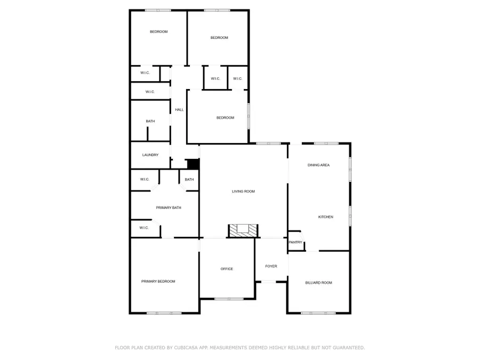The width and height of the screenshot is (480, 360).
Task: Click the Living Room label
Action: [243, 191]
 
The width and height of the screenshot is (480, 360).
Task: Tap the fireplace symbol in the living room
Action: [243, 230]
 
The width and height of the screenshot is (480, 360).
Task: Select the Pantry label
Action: [295, 243]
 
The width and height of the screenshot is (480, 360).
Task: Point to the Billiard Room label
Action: [318, 283]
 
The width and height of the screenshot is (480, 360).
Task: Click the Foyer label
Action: [271, 266]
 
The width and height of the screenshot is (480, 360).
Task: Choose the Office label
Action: [227, 269]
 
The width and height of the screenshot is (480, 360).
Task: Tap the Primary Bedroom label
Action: [158, 281]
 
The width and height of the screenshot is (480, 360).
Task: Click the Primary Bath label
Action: [169, 207]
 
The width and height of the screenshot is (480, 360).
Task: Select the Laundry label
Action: [150, 155]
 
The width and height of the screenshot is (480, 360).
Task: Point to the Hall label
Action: [179, 110]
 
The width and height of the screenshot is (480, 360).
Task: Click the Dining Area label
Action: [318, 165]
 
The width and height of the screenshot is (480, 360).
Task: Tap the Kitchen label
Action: [326, 217]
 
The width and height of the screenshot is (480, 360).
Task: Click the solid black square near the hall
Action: [193, 165]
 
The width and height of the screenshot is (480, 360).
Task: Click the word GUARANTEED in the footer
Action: [347, 348]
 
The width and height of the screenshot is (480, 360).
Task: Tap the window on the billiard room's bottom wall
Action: [318, 313]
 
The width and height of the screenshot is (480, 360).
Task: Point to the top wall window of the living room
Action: [268, 143]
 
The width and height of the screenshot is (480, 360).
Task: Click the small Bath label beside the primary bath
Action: [189, 180]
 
